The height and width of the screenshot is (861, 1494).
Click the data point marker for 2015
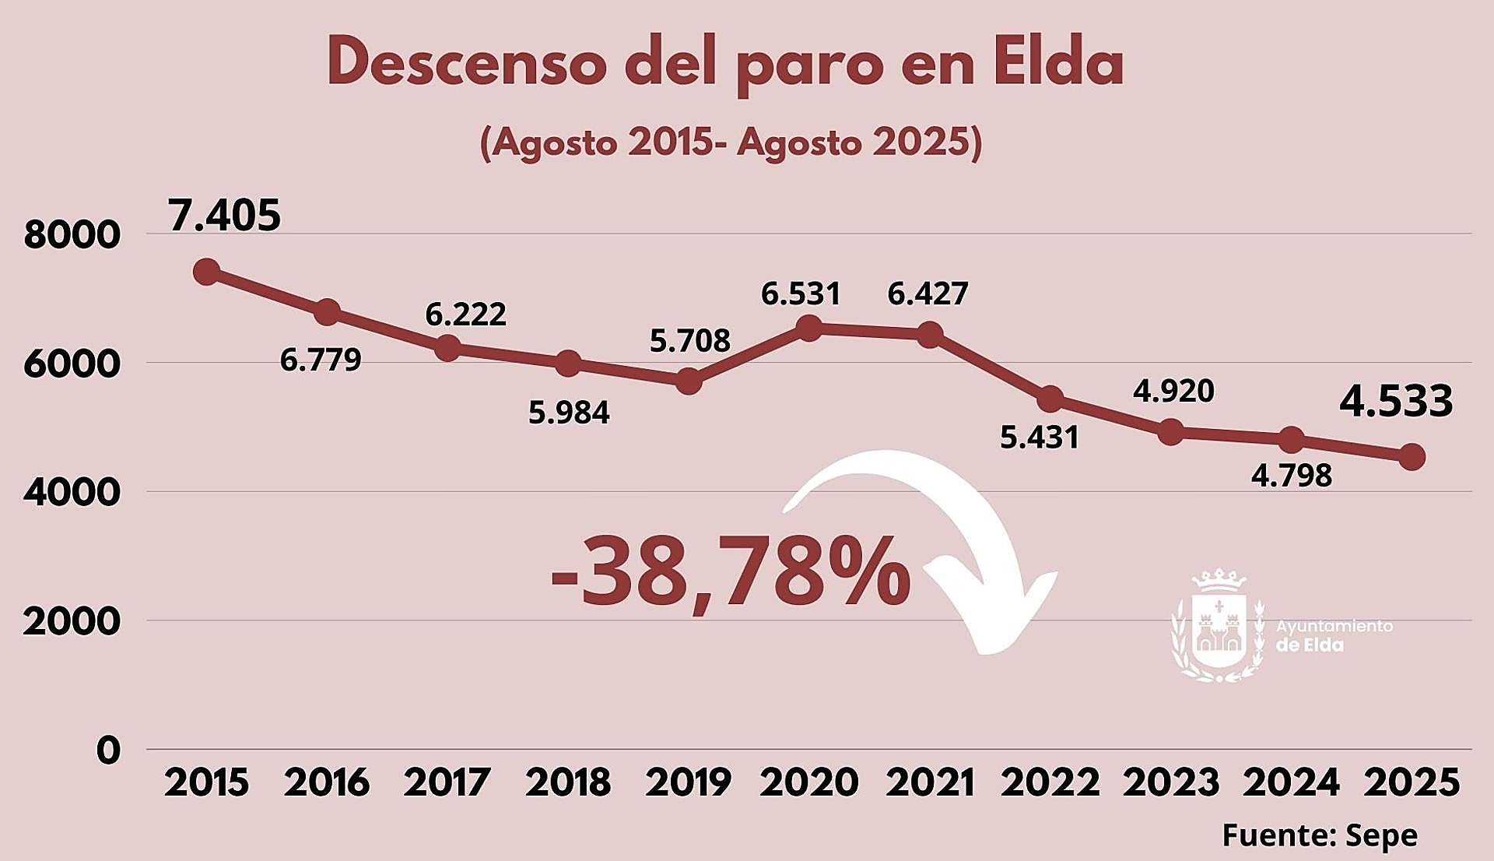(x=206, y=272)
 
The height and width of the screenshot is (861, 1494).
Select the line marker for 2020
(x=809, y=328)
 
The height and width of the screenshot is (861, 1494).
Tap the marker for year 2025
(x=1412, y=457)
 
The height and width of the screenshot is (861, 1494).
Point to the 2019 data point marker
(x=689, y=381)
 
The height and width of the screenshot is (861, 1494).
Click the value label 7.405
(x=224, y=216)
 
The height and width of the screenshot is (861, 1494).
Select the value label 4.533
(x=1396, y=401)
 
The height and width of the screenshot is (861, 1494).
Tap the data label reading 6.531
(x=801, y=294)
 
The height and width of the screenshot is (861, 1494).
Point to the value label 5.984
(x=569, y=413)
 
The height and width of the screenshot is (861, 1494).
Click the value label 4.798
(x=1292, y=476)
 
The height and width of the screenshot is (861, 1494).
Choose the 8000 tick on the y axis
(x=72, y=235)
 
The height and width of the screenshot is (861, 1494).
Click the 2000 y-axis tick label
(x=72, y=622)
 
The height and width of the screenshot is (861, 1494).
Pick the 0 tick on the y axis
(x=109, y=750)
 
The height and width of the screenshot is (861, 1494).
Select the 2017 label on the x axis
(x=447, y=782)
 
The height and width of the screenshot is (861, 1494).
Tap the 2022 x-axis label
(x=1050, y=782)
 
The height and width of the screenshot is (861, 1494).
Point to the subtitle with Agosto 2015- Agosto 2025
(x=731, y=142)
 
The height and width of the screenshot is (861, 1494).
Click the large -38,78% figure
(x=730, y=571)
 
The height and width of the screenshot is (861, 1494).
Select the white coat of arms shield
(x=1219, y=629)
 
